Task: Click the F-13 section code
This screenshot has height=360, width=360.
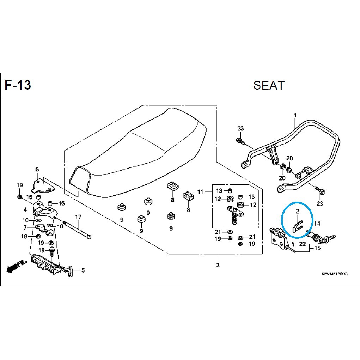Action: [x=18, y=86]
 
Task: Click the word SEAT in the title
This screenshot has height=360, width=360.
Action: [x=269, y=85]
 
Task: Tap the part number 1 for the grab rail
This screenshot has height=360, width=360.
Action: [x=295, y=115]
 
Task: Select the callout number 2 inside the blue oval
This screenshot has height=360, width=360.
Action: [x=297, y=211]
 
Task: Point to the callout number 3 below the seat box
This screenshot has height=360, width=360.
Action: [x=218, y=265]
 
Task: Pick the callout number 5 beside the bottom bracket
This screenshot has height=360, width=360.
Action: [x=83, y=270]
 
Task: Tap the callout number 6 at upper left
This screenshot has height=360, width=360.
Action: [x=37, y=170]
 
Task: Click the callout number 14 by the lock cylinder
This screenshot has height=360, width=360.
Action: [x=317, y=224]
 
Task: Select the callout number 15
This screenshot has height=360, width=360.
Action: [x=317, y=248]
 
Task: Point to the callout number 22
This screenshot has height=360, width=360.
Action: [x=303, y=244]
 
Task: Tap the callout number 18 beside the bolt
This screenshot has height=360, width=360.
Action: [x=41, y=250]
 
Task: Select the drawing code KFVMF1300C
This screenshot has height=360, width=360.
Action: [x=334, y=274]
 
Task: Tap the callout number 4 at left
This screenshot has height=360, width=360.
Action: [x=25, y=210]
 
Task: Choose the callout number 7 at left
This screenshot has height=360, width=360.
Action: [x=25, y=227]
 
